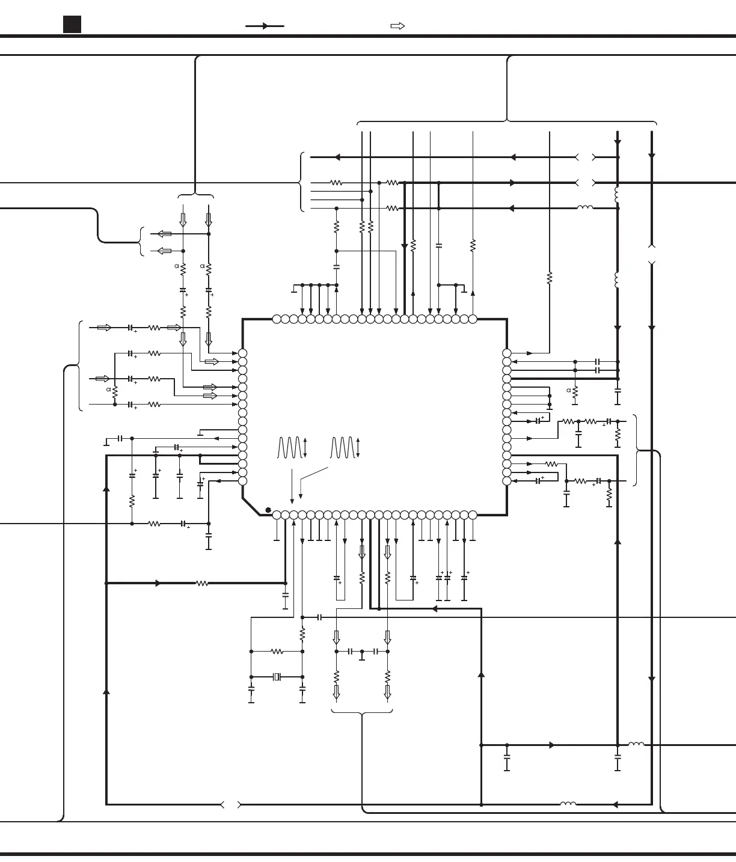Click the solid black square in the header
pyautogui.click(x=72, y=25)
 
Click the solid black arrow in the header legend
pyautogui.click(x=265, y=26)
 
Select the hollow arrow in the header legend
pyautogui.click(x=397, y=26)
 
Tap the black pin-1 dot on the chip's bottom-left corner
pyautogui.click(x=268, y=510)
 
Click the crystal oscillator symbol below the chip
pyautogui.click(x=277, y=677)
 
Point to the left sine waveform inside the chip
pyautogui.click(x=289, y=448)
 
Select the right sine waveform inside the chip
pyautogui.click(x=342, y=448)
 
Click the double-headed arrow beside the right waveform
pyautogui.click(x=358, y=448)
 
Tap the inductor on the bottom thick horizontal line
pyautogui.click(x=568, y=804)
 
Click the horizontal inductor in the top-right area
pyautogui.click(x=584, y=208)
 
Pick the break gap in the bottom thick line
pyautogui.click(x=231, y=804)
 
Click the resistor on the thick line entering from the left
pyautogui.click(x=202, y=583)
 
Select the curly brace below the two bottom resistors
pyautogui.click(x=362, y=713)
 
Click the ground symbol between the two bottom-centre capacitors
pyautogui.click(x=362, y=655)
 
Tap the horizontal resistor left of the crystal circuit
pyautogui.click(x=277, y=651)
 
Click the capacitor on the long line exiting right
pyautogui.click(x=319, y=617)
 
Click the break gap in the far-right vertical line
pyautogui.click(x=652, y=255)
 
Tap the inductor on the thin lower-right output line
pyautogui.click(x=636, y=745)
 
